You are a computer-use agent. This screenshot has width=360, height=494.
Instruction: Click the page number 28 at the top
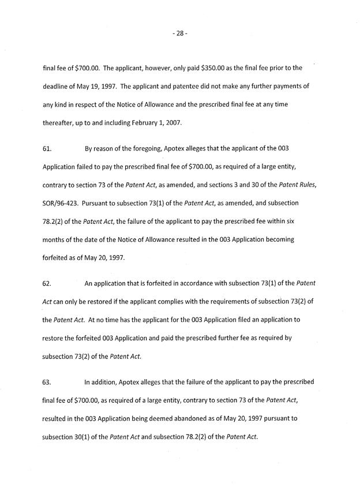coord(180,34)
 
